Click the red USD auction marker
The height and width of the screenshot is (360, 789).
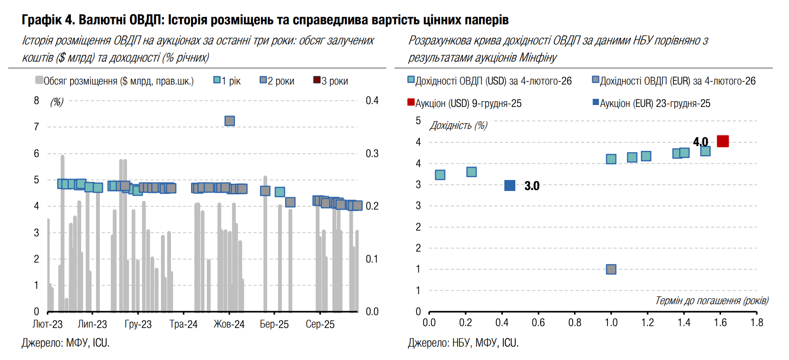[723, 141]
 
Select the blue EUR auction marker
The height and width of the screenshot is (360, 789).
[510, 185]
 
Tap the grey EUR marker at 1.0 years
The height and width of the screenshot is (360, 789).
[611, 269]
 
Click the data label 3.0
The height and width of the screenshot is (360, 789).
[532, 186]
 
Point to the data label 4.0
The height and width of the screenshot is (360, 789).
[700, 142]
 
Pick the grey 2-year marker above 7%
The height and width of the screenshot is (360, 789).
[230, 121]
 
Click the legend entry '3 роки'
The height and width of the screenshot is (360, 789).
[331, 81]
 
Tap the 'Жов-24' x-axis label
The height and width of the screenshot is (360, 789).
[229, 325]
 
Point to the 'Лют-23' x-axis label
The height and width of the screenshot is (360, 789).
[47, 325]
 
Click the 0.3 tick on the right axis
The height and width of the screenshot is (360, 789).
[372, 154]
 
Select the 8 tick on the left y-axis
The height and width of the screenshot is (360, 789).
[37, 101]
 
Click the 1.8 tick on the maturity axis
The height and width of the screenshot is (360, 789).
[757, 323]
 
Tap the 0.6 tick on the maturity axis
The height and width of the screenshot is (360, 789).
[538, 323]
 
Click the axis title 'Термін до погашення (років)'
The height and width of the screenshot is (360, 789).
[712, 301]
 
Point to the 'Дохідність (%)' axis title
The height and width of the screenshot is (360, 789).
[458, 126]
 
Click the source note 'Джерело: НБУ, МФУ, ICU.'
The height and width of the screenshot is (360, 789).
[463, 343]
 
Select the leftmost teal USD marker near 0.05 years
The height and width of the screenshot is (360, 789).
[440, 175]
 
